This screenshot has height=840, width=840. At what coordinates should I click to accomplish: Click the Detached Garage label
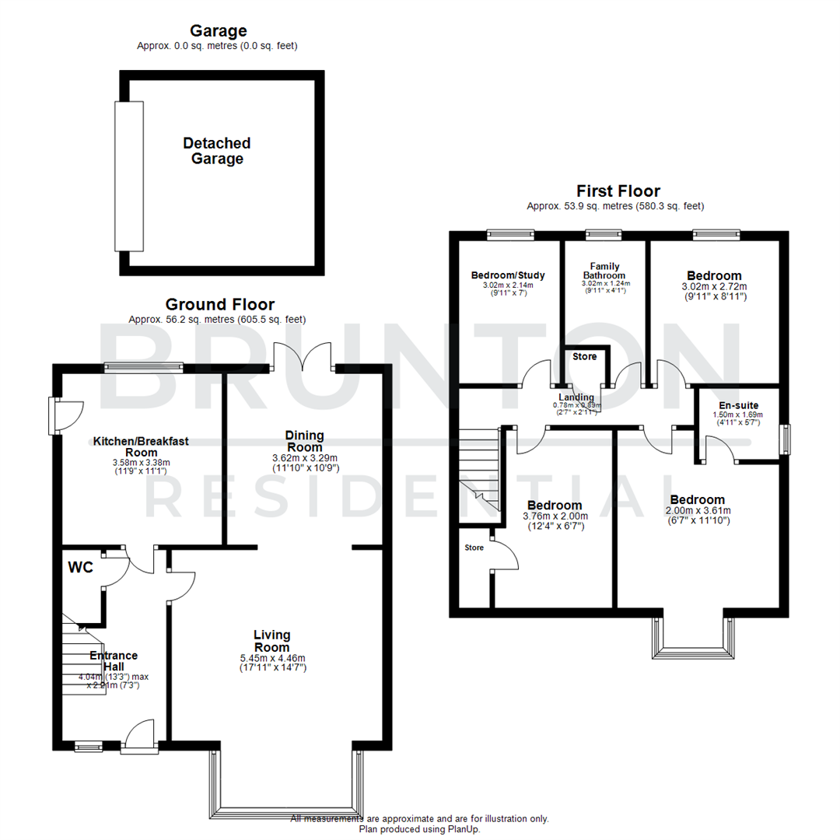[217, 151]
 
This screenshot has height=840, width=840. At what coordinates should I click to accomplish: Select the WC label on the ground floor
[80, 568]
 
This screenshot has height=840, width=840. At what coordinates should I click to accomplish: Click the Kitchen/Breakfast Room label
[141, 446]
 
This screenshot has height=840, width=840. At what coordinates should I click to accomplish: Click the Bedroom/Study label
[509, 275]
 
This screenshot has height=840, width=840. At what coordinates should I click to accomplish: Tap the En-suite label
[739, 405]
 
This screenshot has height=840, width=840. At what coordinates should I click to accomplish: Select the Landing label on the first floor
[576, 397]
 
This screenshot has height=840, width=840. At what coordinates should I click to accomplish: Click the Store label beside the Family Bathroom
[585, 357]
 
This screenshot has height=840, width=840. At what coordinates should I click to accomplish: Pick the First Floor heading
[618, 191]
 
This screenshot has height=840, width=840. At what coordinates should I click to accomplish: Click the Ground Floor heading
[219, 304]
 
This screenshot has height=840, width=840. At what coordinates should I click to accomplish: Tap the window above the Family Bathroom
[604, 233]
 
